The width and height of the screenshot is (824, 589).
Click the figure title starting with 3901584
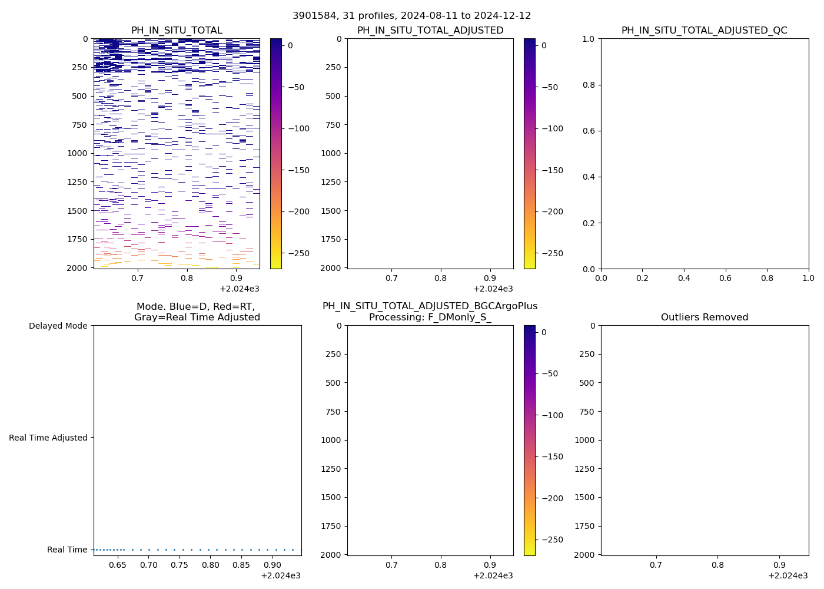pyautogui.click(x=411, y=16)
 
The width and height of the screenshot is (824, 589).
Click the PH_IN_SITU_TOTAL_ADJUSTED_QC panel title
pyautogui.click(x=704, y=31)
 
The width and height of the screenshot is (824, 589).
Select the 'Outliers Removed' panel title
pyautogui.click(x=704, y=317)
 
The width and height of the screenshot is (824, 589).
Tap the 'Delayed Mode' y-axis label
pyautogui.click(x=58, y=326)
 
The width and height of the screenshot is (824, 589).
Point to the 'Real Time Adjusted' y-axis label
pyautogui.click(x=48, y=438)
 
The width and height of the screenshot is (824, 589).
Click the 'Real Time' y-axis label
pyautogui.click(x=67, y=550)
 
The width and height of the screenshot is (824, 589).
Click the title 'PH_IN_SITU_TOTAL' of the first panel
pyautogui.click(x=177, y=31)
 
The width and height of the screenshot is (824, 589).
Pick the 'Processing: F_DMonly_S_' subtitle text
pyautogui.click(x=430, y=317)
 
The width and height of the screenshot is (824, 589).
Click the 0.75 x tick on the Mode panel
pyautogui.click(x=180, y=565)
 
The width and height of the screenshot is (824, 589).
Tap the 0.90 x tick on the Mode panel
pyautogui.click(x=272, y=565)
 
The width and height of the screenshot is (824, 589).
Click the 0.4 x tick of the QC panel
pyautogui.click(x=684, y=278)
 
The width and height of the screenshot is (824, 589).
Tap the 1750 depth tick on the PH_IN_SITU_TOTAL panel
pyautogui.click(x=77, y=239)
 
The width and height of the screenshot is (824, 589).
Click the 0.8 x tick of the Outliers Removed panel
pyautogui.click(x=717, y=565)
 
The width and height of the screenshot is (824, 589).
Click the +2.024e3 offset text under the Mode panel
pyautogui.click(x=280, y=575)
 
